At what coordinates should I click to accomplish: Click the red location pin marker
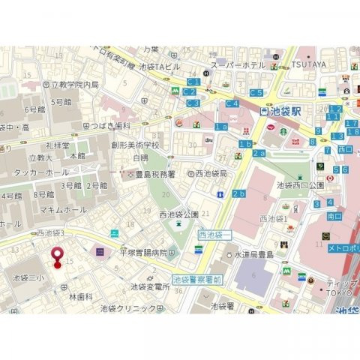click(x=56, y=256)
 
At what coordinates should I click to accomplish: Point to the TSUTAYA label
click(x=309, y=64)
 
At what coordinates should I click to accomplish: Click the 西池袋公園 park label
click(x=178, y=214)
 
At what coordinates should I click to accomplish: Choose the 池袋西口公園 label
click(x=300, y=184)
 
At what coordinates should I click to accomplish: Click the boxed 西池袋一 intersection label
click(x=215, y=235)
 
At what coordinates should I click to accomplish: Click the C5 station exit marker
click(x=256, y=92)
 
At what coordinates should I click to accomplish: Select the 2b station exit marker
click(x=238, y=194)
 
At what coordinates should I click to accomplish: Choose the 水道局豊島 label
click(x=256, y=254)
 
